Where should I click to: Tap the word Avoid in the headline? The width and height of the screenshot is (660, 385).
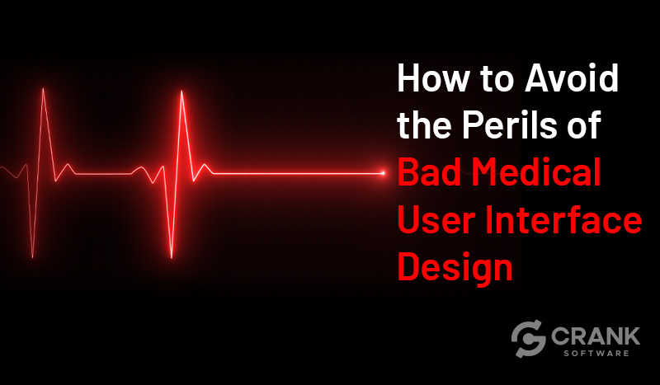571,78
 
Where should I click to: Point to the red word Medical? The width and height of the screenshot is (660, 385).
536,172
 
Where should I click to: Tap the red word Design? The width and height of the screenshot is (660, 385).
455,268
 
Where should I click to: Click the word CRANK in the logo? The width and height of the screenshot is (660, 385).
595,336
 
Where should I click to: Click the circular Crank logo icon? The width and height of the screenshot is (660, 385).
528,339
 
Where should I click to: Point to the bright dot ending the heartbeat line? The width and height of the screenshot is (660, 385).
383,173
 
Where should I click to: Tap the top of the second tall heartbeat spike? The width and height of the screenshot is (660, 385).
181,92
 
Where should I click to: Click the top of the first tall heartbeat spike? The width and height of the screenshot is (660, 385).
43,89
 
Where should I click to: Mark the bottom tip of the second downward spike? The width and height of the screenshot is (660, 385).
172,257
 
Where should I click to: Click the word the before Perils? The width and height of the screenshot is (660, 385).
424,125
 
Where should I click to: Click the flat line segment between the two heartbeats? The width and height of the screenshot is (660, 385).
104,173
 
